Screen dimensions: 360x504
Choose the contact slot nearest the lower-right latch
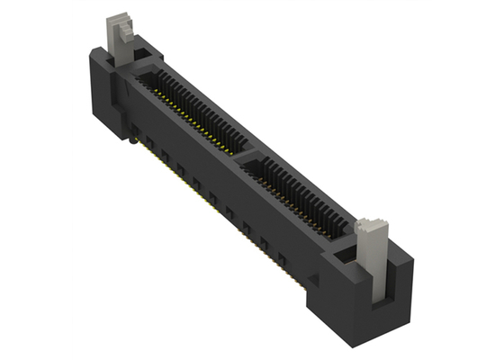[x=301, y=193]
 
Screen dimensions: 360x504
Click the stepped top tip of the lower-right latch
[x=370, y=226]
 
